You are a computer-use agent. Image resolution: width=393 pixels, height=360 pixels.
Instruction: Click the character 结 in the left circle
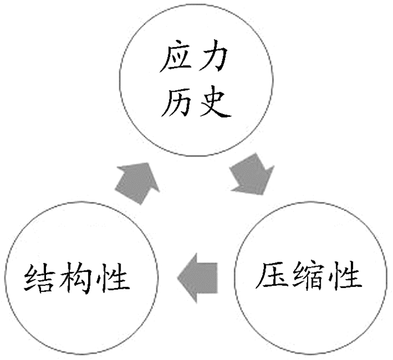click(x=40, y=277)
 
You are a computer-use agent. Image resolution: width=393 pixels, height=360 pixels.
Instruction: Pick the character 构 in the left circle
click(x=76, y=277)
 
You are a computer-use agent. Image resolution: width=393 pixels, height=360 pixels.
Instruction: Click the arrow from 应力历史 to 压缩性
click(x=251, y=176)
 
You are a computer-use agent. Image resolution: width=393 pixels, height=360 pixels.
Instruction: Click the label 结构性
click(x=76, y=277)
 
